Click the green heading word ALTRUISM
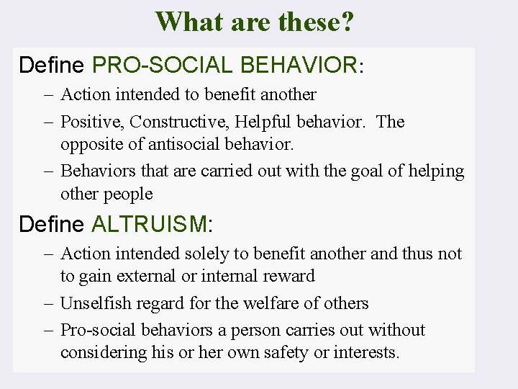pos(149,224)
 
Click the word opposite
pos(90,144)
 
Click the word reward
pos(290,276)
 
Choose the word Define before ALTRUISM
pos(51,224)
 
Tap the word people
pos(127,194)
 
